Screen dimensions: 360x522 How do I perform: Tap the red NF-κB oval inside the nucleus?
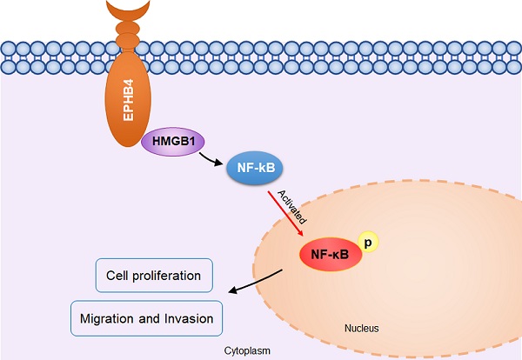click(329, 253)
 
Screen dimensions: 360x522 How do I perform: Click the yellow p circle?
click(368, 243)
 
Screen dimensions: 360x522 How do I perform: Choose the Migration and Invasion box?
click(145, 318)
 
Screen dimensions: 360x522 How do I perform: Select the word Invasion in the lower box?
click(187, 318)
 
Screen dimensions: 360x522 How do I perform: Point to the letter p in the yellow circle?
click(368, 243)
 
